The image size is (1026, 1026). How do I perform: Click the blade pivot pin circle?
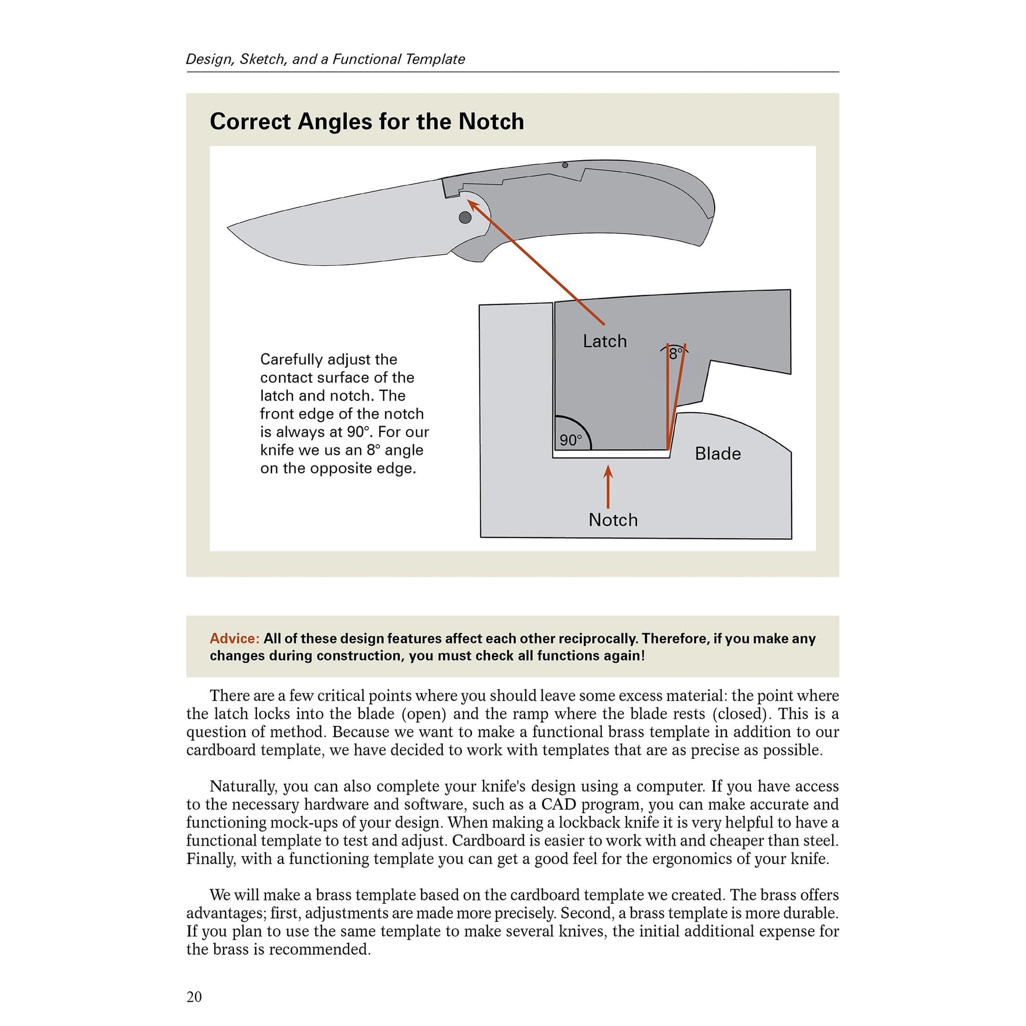[x=465, y=217]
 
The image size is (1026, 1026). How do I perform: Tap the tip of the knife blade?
[x=229, y=228]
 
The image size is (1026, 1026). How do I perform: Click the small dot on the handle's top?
[x=565, y=165]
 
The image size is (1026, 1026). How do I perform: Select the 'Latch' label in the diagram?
[x=604, y=341]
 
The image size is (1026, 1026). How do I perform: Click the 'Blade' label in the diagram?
[x=718, y=453]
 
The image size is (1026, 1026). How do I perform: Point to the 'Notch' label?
[x=613, y=520]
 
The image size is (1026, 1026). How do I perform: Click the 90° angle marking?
[x=570, y=440]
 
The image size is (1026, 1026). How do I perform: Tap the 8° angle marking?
[x=675, y=353]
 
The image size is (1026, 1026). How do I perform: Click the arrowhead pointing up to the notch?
[x=608, y=472]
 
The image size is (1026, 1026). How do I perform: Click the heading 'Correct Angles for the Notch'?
[x=366, y=122]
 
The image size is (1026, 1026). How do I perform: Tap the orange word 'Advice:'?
[x=234, y=638]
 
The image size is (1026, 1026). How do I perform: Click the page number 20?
[x=194, y=996]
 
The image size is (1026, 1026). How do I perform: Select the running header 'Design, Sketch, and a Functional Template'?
[x=325, y=59]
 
